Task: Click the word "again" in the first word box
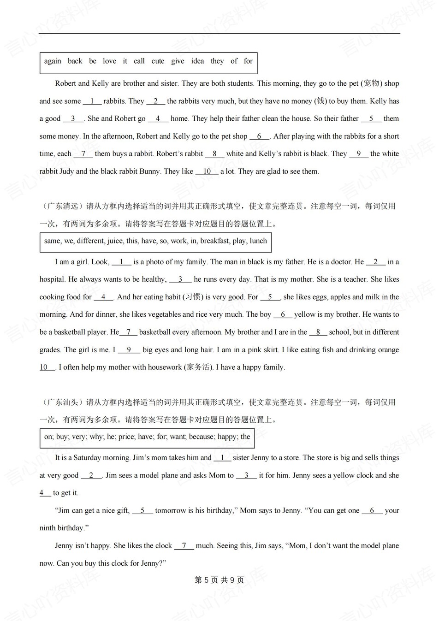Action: pos(53,61)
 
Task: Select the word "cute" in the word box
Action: pos(158,61)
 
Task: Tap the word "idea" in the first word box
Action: pos(197,61)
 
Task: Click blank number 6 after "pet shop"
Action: pos(260,136)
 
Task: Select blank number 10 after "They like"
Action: pos(207,172)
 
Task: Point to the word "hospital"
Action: pos(52,279)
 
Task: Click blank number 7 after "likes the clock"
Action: pos(184,546)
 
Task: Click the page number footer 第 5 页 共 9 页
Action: pos(219,580)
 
